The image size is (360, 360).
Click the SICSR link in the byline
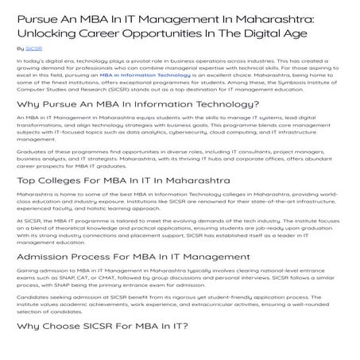click(x=34, y=48)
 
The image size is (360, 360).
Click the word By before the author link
click(x=20, y=48)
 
